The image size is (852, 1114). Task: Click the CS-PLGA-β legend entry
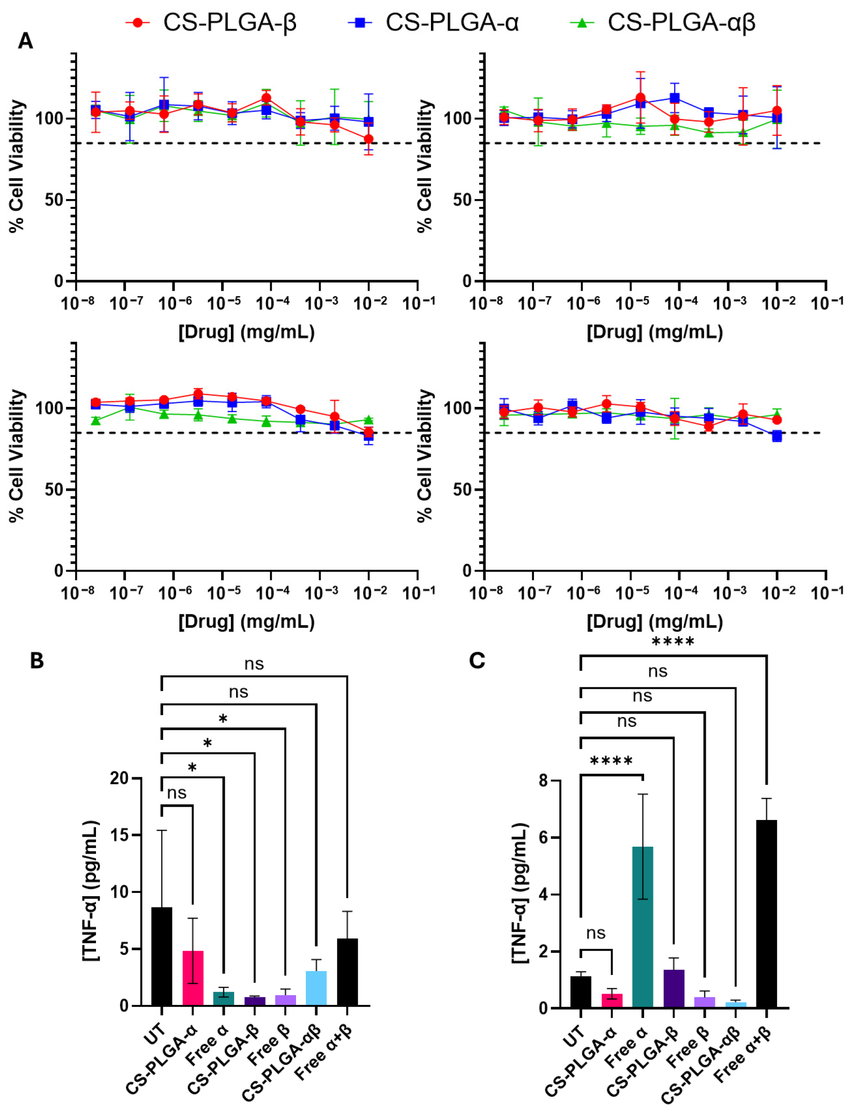tap(211, 23)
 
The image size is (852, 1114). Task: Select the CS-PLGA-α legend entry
tap(433, 23)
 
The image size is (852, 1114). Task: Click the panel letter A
tap(25, 41)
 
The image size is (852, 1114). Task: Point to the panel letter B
tap(37, 661)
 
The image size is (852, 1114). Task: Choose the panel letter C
tap(477, 661)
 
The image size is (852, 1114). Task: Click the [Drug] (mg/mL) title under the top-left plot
tap(246, 332)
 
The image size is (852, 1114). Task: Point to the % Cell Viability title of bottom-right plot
tap(425, 456)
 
